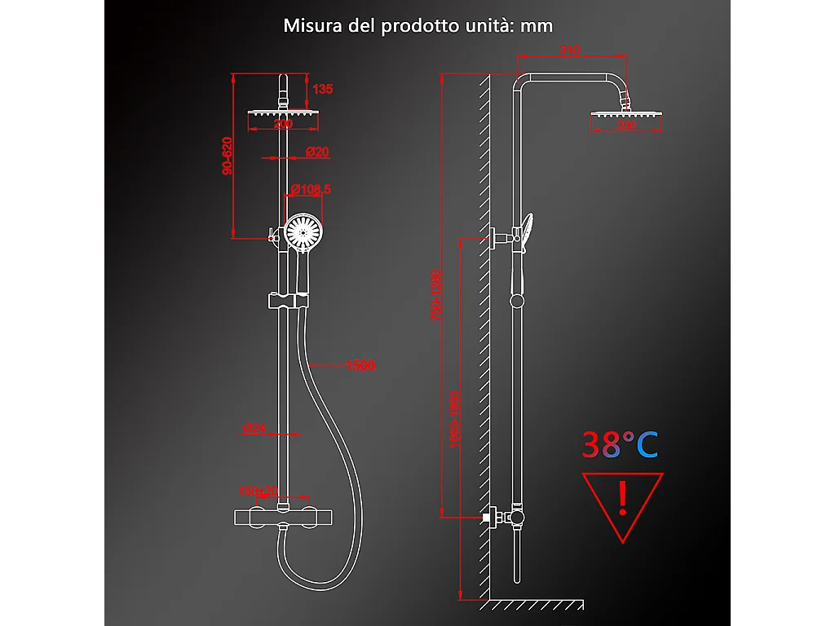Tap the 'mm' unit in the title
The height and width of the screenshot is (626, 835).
[x=537, y=25]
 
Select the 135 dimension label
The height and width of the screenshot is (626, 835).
[x=323, y=89]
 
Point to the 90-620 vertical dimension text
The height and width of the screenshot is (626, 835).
[x=228, y=155]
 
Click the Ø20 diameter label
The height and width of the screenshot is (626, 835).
[x=317, y=152]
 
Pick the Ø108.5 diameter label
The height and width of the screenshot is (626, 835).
[x=311, y=190]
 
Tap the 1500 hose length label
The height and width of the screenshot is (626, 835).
[x=360, y=366]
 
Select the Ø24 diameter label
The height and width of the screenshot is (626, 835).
[x=254, y=427]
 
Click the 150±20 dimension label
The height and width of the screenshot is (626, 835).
[x=258, y=491]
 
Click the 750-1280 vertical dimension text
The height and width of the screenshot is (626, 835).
[x=437, y=295]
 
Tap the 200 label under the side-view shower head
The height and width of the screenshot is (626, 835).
[x=626, y=126]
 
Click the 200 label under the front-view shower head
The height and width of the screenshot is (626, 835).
[x=283, y=124]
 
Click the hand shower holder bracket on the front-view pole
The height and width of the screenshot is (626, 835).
[x=286, y=301]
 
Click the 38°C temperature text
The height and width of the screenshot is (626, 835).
[x=620, y=445]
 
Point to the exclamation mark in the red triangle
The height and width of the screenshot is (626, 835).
[x=623, y=497]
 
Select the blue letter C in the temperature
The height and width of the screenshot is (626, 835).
[x=647, y=445]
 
